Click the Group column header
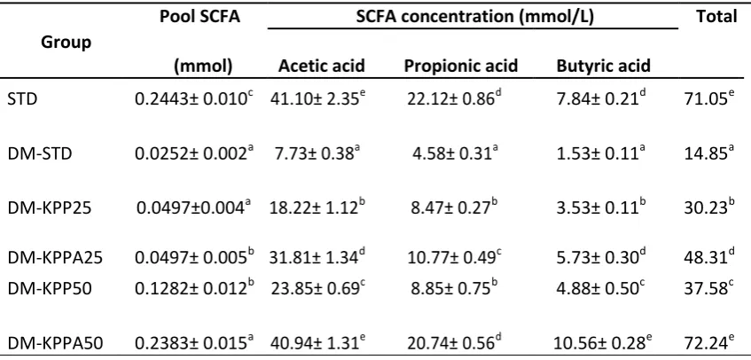tap(66, 43)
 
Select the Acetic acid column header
tap(322, 66)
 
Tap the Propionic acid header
tap(461, 66)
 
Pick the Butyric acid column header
tap(604, 66)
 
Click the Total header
tap(716, 17)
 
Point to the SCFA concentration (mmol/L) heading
tap(475, 17)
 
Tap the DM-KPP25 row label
tap(42, 208)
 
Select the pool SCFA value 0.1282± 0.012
tap(194, 291)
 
